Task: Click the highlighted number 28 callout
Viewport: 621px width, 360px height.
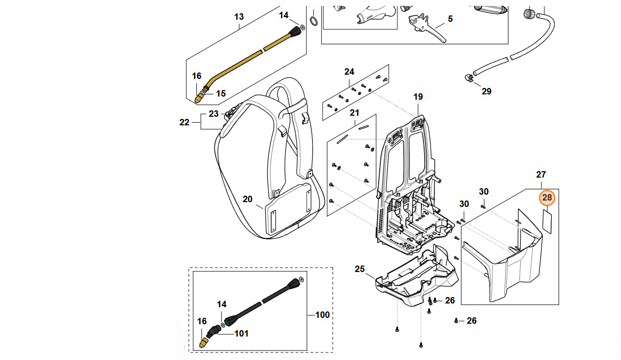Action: [547, 198]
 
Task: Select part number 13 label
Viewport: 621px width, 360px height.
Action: [238, 17]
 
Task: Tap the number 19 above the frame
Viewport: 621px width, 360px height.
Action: [418, 97]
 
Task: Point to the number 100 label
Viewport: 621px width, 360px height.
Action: [322, 315]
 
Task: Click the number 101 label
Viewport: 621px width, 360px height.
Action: [242, 334]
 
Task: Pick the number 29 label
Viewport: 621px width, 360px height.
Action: [486, 91]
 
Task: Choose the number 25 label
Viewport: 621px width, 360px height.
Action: [360, 269]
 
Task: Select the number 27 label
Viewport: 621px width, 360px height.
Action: [541, 174]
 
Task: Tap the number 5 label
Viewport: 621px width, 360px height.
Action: [450, 19]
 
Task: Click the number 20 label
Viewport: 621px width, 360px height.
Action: [248, 199]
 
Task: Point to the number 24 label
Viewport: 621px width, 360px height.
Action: [349, 71]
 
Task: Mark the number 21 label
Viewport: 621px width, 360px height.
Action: [355, 113]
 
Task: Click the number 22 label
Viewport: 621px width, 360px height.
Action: [185, 122]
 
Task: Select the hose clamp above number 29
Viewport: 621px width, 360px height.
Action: [468, 78]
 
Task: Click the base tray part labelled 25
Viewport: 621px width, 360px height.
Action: [416, 277]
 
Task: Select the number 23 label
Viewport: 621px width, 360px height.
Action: [213, 114]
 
